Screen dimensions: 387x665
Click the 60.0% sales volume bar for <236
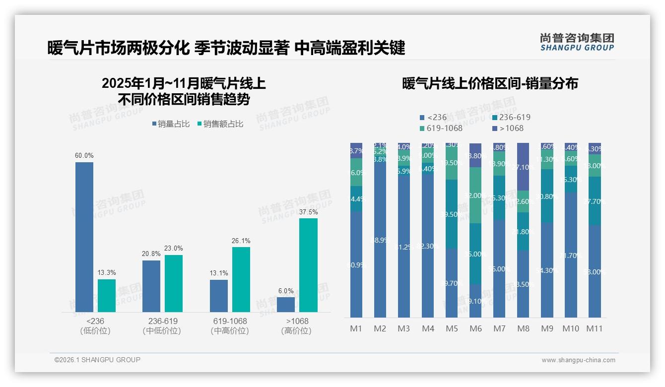[x=84, y=237]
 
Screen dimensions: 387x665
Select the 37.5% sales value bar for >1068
[x=308, y=265]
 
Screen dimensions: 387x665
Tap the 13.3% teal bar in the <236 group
[x=107, y=296]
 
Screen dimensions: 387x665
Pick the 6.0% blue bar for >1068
[x=286, y=305]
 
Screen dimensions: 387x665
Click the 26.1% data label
[x=241, y=241]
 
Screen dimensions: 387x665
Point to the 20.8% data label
[x=151, y=254]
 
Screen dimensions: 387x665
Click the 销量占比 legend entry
[x=171, y=124]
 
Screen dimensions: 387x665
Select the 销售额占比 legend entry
[x=220, y=124]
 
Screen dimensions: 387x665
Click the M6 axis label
[x=475, y=328]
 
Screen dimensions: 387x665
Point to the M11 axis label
[x=595, y=328]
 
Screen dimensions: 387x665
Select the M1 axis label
[x=356, y=328]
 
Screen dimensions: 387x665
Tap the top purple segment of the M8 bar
[x=523, y=167]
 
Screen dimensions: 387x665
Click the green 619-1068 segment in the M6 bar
[x=475, y=195]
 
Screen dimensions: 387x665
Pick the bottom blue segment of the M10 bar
[x=571, y=255]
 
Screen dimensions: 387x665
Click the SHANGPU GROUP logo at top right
[x=577, y=42]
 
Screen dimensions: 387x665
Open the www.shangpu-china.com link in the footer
[x=578, y=360]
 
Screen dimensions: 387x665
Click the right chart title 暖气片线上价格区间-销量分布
[x=490, y=83]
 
